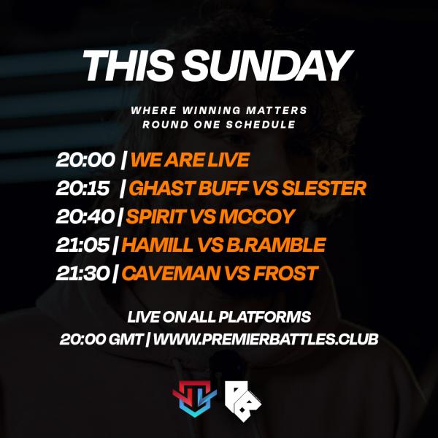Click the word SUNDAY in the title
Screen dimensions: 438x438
[x=267, y=66]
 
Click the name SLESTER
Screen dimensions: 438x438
[x=327, y=188]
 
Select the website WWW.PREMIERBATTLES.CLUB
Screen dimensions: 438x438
[x=266, y=339]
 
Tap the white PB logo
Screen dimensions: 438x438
[x=243, y=396]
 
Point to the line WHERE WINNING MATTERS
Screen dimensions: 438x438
[x=219, y=111]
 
